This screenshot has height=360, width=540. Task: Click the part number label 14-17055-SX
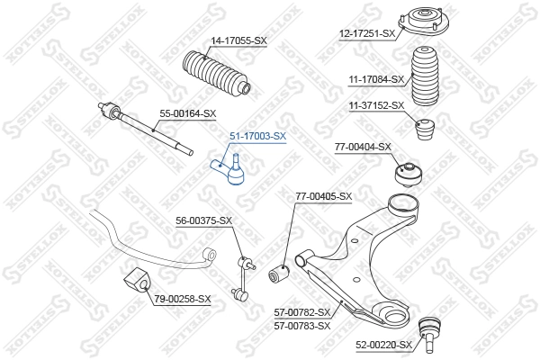point(239,40)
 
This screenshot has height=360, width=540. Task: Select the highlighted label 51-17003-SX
point(256,136)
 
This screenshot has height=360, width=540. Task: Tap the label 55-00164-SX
point(188,113)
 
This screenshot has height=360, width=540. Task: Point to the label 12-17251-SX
point(367,33)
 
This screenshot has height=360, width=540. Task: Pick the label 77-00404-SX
point(363,146)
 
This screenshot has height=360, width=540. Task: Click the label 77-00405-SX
point(324,195)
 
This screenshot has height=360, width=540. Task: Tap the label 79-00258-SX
point(182,299)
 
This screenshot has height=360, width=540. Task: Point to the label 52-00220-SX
point(382,345)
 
